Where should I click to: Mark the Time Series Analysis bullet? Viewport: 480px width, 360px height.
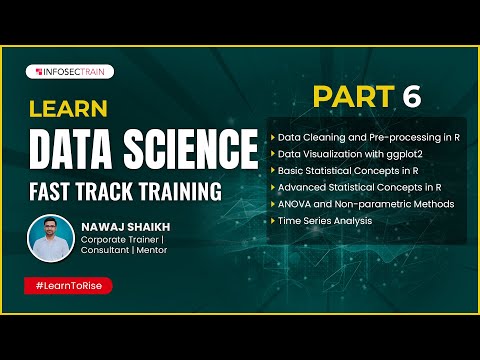[327, 220]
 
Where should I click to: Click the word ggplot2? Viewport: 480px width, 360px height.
[398, 152]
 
